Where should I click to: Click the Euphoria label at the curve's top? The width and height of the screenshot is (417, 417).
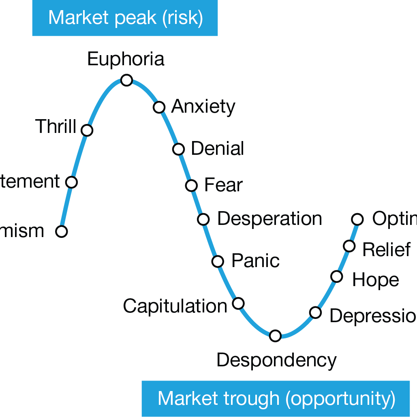click(126, 59)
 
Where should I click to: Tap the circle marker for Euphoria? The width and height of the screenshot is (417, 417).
click(127, 80)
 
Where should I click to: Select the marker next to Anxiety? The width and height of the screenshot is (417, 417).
click(159, 107)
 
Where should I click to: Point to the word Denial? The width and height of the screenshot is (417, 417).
click(217, 149)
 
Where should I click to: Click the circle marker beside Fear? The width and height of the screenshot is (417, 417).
click(191, 186)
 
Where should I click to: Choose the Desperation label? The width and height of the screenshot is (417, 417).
click(269, 219)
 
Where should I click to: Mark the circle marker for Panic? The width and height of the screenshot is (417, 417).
click(218, 261)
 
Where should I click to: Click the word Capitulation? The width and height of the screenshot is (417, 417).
click(175, 306)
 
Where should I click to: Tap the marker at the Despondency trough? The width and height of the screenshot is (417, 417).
click(275, 336)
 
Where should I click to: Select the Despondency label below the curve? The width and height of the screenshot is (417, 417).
click(276, 360)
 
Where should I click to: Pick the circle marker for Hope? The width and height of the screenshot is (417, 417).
click(337, 277)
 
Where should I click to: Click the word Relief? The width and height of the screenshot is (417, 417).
click(387, 250)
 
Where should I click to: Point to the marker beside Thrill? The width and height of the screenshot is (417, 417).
click(87, 130)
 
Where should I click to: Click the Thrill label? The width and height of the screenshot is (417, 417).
click(56, 126)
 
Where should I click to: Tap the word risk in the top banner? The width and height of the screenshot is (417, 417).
click(182, 18)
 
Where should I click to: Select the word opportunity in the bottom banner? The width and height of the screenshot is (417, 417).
click(340, 399)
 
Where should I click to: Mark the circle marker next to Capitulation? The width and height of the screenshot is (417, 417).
click(238, 303)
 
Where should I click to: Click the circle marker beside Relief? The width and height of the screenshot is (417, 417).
click(349, 246)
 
